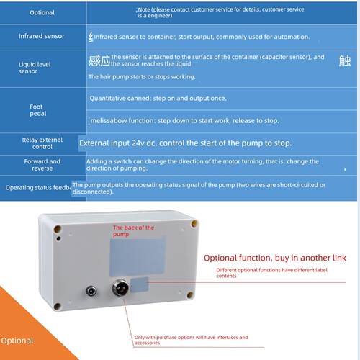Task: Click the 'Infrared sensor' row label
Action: pos(42,36)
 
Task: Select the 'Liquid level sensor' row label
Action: pos(35,68)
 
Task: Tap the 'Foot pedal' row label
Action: pos(38,110)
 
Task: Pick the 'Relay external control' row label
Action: pos(42,143)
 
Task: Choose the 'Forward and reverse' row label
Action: pos(42,165)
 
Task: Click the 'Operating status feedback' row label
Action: pos(39,187)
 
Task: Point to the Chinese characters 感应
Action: pos(99,60)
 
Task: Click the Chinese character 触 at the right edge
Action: pos(345,60)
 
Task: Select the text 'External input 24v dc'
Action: pos(117,143)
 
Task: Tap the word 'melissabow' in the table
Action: pos(109,120)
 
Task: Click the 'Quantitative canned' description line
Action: pos(158,99)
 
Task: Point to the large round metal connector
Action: pos(120,287)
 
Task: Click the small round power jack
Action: pos(91,292)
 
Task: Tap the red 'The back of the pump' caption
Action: pos(133,230)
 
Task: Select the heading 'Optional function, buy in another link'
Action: pos(275,258)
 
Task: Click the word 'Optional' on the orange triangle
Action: pos(17,341)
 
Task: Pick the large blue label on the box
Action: pos(138,256)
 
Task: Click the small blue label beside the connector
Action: pos(139,285)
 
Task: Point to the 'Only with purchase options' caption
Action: pos(191,340)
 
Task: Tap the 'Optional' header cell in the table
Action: pos(42,12)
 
